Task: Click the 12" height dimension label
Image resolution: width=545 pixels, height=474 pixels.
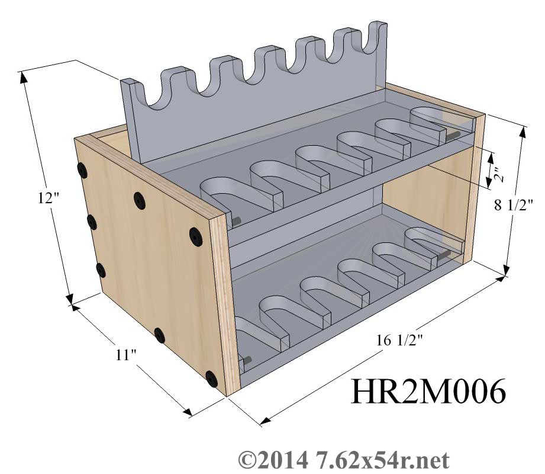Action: tap(49, 198)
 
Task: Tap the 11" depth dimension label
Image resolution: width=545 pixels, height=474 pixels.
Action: tap(126, 355)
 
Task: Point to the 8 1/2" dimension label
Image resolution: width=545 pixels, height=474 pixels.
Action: tap(513, 206)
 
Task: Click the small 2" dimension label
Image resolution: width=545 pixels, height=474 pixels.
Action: tap(498, 175)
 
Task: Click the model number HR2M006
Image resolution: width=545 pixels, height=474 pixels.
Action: tap(428, 392)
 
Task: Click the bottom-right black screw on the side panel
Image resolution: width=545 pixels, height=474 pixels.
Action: tap(211, 379)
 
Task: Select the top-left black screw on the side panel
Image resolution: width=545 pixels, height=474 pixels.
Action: tap(82, 170)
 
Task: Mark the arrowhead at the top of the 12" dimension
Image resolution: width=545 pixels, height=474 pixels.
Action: tap(24, 77)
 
